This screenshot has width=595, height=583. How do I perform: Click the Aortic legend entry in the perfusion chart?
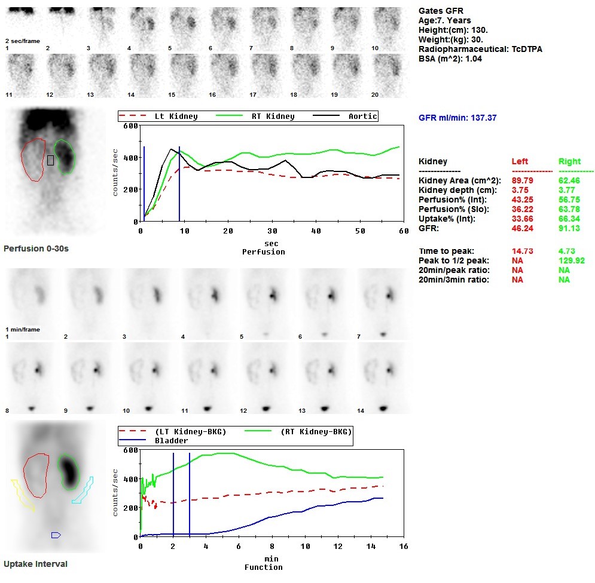[362, 116]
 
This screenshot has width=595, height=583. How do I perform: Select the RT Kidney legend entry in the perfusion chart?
[273, 116]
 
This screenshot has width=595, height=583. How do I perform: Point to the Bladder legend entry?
[172, 440]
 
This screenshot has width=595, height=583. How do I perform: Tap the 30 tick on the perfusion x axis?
[272, 231]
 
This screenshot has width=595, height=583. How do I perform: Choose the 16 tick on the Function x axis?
[404, 547]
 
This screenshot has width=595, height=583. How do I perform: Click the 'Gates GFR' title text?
[441, 11]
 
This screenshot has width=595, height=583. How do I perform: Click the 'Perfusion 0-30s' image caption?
[36, 248]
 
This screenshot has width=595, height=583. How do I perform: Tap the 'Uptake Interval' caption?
[35, 564]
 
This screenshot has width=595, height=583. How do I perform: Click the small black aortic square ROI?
[50, 160]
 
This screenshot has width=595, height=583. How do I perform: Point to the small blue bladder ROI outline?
[56, 535]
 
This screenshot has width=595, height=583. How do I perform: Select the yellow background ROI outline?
[22, 494]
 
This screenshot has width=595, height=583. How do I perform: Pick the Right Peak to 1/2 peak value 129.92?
[571, 260]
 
